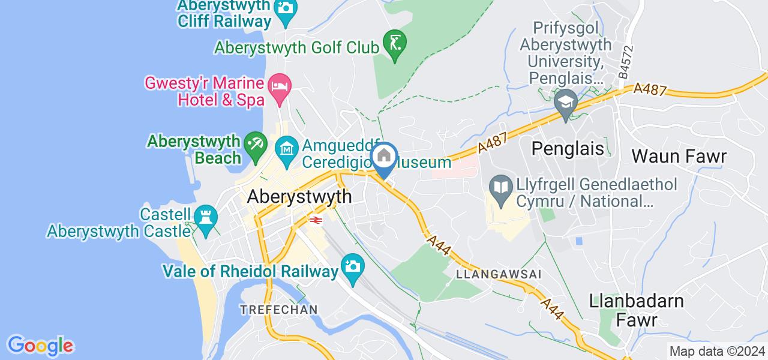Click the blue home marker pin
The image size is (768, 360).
tap(384, 157)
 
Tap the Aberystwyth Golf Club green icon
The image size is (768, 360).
tap(395, 43)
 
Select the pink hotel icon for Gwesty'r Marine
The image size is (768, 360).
tap(280, 84)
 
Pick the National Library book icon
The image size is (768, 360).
tap(499, 184)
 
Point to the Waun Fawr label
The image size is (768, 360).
tap(679, 157)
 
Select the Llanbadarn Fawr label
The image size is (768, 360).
tap(637, 310)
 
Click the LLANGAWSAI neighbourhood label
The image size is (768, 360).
tap(499, 274)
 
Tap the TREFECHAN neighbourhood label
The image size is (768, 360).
tap(278, 309)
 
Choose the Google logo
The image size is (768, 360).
tap(40, 346)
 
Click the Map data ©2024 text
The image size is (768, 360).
tap(717, 352)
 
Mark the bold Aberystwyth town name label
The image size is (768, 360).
tap(299, 196)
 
